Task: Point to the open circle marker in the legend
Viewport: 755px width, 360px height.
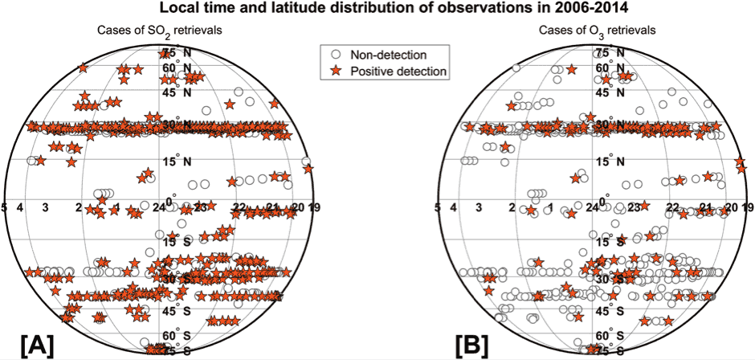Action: (337, 54)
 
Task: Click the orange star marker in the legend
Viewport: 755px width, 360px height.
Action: (337, 72)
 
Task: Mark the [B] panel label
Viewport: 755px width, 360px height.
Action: (471, 344)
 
